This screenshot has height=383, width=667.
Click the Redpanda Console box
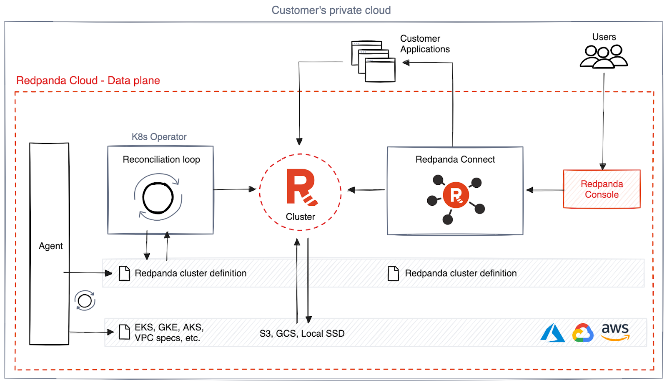[601, 189]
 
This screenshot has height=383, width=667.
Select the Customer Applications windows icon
[373, 61]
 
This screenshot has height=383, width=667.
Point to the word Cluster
[300, 217]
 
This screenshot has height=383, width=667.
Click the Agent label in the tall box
[50, 246]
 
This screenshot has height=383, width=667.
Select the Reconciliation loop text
[161, 159]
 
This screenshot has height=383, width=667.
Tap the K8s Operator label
[159, 137]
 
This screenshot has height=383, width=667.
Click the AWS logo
[615, 332]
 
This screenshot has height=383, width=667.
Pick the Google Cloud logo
[583, 333]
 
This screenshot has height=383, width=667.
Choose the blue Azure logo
[552, 333]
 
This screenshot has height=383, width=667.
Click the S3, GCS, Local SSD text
[302, 334]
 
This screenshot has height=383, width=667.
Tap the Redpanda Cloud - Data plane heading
[88, 81]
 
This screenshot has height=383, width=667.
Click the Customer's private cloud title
[331, 10]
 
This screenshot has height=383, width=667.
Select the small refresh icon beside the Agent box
[85, 300]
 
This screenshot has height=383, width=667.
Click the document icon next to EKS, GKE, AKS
[124, 332]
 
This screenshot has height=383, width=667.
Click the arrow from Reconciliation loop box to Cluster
[235, 189]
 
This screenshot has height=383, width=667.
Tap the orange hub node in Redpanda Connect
[456, 195]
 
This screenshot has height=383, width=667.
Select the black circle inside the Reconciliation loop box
[158, 198]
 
